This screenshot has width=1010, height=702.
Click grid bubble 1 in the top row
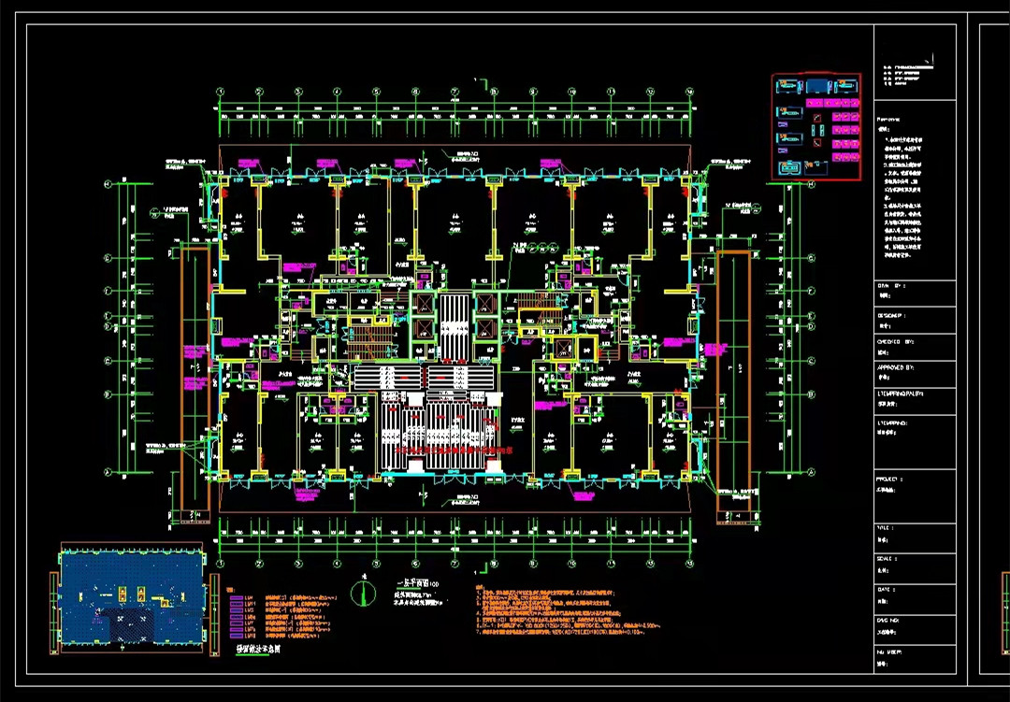[221, 92]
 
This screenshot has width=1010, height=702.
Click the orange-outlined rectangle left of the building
[194, 379]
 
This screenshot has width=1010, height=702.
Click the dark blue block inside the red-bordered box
[823, 86]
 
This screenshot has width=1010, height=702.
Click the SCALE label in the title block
[887, 558]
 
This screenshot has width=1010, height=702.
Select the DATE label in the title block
[886, 590]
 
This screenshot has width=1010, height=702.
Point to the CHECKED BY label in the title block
[893, 342]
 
